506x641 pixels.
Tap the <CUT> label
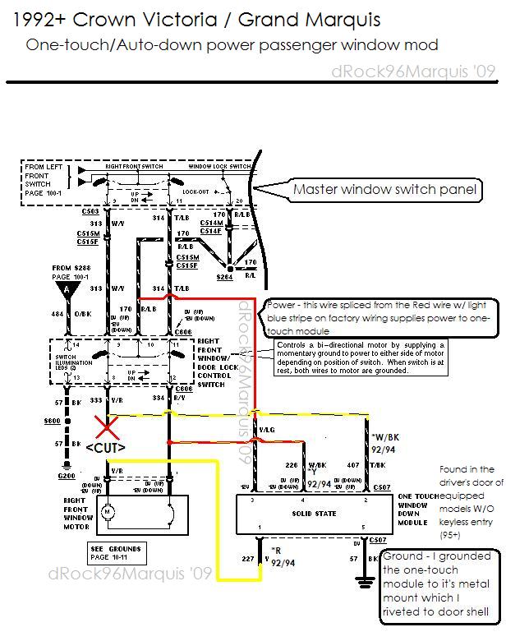pyautogui.click(x=105, y=448)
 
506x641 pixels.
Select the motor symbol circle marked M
pyautogui.click(x=105, y=512)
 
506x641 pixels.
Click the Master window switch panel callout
pyautogui.click(x=385, y=190)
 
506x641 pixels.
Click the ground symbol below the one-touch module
pyautogui.click(x=362, y=580)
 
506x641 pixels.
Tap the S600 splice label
pyautogui.click(x=52, y=421)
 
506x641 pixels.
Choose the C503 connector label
pyautogui.click(x=90, y=212)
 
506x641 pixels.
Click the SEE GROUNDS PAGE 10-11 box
pyautogui.click(x=117, y=553)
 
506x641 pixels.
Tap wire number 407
pyautogui.click(x=352, y=466)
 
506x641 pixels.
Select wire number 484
pyautogui.click(x=58, y=313)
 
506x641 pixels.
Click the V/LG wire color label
pyautogui.click(x=267, y=429)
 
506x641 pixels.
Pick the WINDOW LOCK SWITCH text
pyautogui.click(x=220, y=167)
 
